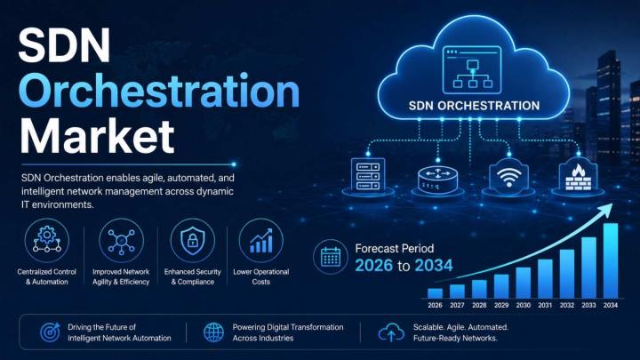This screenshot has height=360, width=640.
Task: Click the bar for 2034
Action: click(611, 260)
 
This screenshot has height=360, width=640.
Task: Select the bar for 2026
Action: click(435, 293)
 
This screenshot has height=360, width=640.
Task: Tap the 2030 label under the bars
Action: click(523, 305)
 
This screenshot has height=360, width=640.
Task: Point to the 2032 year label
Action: click(567, 305)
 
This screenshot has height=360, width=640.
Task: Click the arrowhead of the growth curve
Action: click(607, 209)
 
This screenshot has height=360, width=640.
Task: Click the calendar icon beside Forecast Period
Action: click(331, 257)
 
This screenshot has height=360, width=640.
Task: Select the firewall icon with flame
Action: click(578, 177)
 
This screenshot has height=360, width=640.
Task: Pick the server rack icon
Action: click(368, 176)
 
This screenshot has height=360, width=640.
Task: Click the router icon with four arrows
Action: click(438, 180)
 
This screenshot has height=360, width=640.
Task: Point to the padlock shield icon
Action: click(192, 240)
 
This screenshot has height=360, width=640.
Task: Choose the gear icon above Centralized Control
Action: click(47, 240)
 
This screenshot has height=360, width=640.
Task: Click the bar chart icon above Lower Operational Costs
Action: click(261, 241)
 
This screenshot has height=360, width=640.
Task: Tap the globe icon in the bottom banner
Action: click(214, 332)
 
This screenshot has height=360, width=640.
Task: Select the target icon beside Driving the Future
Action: click(50, 332)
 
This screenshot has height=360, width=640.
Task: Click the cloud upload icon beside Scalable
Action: click(391, 332)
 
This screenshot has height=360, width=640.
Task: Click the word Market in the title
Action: click(98, 136)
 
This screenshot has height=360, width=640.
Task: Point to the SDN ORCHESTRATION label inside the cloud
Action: click(474, 106)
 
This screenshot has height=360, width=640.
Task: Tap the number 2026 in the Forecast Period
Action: click(373, 265)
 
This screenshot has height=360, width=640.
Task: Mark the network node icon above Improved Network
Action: click(121, 241)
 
